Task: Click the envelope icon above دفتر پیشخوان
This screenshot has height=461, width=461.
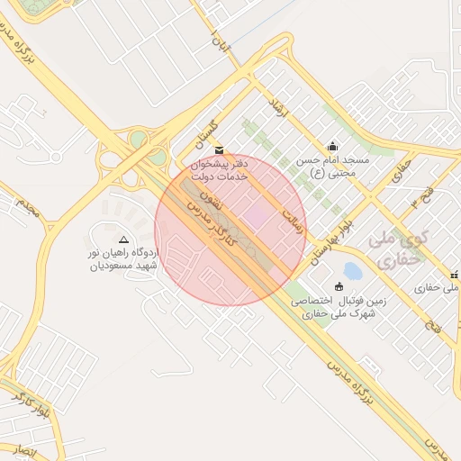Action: pos(220,149)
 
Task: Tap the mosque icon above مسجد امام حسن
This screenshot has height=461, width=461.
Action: pos(333,146)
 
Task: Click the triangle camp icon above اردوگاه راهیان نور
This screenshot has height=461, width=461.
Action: pos(123,240)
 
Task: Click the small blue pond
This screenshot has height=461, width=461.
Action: pos(352,270)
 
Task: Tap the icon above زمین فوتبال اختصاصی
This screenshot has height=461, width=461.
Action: pos(339,286)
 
